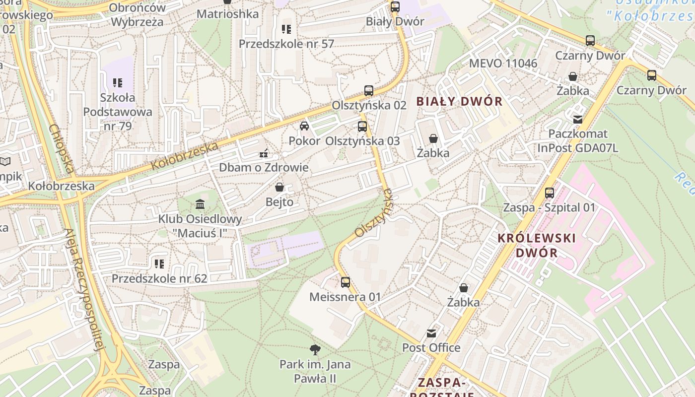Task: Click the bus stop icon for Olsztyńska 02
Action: (x=368, y=91)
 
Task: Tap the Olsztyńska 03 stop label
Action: (x=362, y=141)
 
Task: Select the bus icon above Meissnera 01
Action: (x=345, y=282)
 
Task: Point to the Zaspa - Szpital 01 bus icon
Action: (x=549, y=193)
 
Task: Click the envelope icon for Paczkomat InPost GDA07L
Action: (x=578, y=119)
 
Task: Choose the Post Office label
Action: (x=431, y=347)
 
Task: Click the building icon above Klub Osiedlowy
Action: (x=200, y=204)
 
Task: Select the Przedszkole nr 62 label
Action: (x=159, y=278)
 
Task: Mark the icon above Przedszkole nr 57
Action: (x=286, y=29)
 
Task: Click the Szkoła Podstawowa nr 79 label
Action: (x=118, y=112)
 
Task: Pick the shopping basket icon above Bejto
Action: (x=279, y=187)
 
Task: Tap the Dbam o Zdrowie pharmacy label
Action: (x=264, y=167)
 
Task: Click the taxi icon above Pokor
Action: (x=304, y=126)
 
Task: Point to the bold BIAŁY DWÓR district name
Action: (x=459, y=102)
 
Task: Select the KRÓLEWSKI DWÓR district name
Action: (x=537, y=245)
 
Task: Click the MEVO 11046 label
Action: (x=503, y=63)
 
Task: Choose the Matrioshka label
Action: (x=227, y=14)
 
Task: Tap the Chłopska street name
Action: (x=62, y=148)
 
